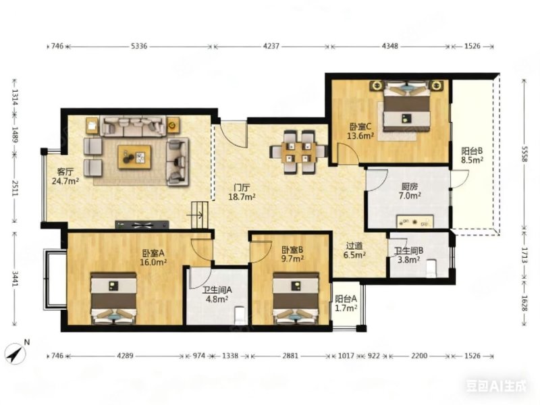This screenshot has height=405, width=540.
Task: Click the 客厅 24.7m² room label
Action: coord(65,176)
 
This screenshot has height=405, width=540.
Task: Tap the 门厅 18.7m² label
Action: coord(242,192)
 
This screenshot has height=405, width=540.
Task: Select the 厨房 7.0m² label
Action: coord(410,191)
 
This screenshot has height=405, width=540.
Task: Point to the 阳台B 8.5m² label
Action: coord(472,155)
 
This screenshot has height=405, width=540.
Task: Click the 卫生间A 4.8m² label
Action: coord(217,294)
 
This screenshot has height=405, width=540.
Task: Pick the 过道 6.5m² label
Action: coord(354,250)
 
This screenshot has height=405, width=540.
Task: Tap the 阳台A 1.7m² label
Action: coord(346,303)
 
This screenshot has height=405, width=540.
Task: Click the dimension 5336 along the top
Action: coord(139,46)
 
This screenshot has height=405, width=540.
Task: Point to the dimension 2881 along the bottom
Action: coord(290,356)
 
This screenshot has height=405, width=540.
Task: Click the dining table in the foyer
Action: coord(298,153)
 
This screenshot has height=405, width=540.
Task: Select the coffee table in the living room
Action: coord(134,157)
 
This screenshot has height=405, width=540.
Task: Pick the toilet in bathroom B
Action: coord(431,267)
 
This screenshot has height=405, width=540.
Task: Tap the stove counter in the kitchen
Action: coord(414,221)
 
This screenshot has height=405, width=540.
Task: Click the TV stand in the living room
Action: coord(142,225)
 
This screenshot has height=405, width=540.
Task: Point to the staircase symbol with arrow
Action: coord(200,215)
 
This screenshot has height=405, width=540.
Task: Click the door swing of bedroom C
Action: coord(348,153)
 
